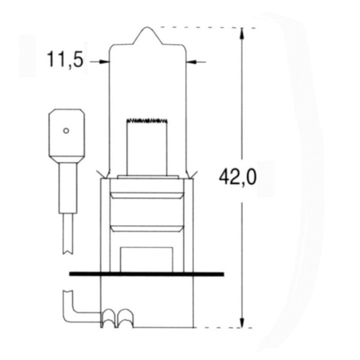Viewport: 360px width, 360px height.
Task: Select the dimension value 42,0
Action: (x=238, y=177)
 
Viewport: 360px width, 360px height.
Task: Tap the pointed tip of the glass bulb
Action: (x=148, y=31)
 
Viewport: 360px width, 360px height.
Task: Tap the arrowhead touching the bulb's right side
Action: (x=191, y=62)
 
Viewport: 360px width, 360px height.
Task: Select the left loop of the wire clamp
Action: (x=108, y=317)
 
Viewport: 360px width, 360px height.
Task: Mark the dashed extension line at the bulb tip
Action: (x=205, y=27)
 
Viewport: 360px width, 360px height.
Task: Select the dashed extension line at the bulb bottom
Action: (x=220, y=328)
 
